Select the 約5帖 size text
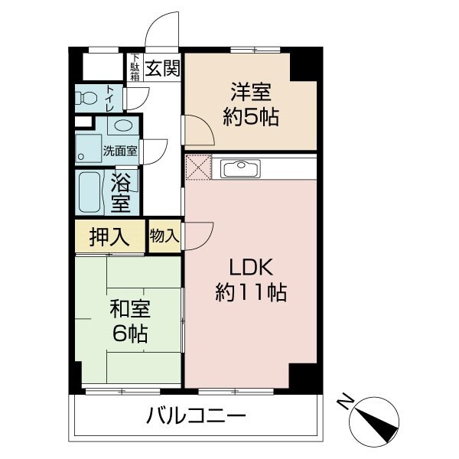tap(250, 117)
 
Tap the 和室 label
tap(129, 311)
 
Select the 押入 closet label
tap(109, 236)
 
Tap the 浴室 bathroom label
tap(121, 193)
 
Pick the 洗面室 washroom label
tap(120, 150)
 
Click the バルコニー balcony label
tap(196, 417)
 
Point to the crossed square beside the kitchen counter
tap(197, 168)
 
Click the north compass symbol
tap(375, 422)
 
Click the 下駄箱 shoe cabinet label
tap(135, 67)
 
